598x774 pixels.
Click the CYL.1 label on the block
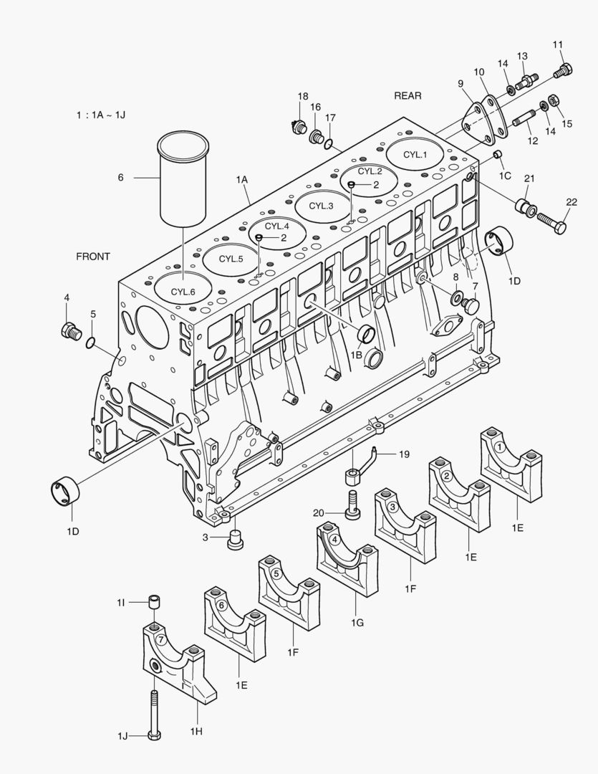(x=415, y=154)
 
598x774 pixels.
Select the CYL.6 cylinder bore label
(x=183, y=291)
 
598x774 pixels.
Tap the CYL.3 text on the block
(x=321, y=206)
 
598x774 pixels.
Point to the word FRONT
(x=93, y=256)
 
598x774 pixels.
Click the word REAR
(x=407, y=95)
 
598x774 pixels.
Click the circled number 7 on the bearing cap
(x=161, y=639)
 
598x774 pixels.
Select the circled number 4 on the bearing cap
(x=334, y=540)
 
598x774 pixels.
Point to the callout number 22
(x=571, y=202)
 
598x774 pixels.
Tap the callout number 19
(x=404, y=454)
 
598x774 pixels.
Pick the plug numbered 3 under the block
(x=233, y=540)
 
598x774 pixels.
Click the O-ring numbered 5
(x=90, y=343)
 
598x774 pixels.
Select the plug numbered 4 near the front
(x=69, y=330)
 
